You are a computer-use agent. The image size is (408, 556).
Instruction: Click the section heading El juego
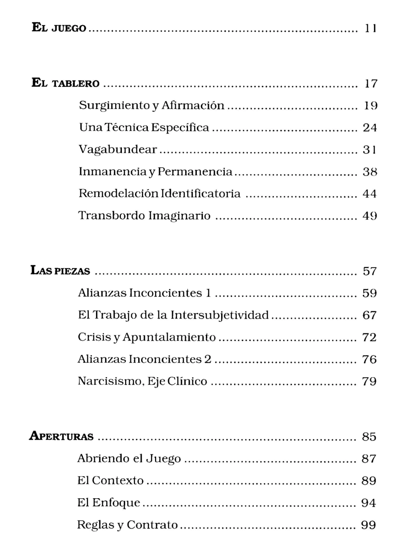pyautogui.click(x=59, y=28)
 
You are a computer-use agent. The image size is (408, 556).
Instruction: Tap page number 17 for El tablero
pyautogui.click(x=371, y=84)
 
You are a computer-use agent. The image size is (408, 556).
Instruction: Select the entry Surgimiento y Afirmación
pyautogui.click(x=151, y=106)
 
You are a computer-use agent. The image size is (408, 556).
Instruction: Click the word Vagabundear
pyautogui.click(x=118, y=150)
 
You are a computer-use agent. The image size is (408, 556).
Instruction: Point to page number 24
pyautogui.click(x=370, y=128)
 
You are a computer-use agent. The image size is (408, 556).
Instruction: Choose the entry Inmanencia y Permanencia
pyautogui.click(x=155, y=172)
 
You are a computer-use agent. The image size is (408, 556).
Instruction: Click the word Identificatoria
pyautogui.click(x=201, y=194)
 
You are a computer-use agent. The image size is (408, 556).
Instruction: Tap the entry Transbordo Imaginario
pyautogui.click(x=144, y=216)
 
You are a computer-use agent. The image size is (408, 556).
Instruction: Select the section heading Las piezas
pyautogui.click(x=61, y=271)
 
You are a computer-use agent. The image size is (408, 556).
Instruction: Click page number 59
pyautogui.click(x=369, y=294)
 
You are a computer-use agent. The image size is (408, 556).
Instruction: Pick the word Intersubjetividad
pyautogui.click(x=220, y=315)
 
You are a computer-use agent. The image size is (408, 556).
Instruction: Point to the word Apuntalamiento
pyautogui.click(x=169, y=337)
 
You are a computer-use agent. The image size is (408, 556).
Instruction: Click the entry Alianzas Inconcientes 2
pyautogui.click(x=144, y=359)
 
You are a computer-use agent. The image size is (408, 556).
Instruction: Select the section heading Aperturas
pyautogui.click(x=62, y=437)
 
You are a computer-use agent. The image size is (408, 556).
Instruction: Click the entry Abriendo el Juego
pyautogui.click(x=129, y=459)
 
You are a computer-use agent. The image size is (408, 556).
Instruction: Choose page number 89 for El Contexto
pyautogui.click(x=369, y=481)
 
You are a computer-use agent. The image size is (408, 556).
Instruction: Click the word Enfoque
pyautogui.click(x=116, y=503)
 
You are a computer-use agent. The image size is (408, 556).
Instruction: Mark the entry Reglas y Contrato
pyautogui.click(x=127, y=525)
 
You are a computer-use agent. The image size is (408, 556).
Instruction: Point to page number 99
pyautogui.click(x=368, y=525)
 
